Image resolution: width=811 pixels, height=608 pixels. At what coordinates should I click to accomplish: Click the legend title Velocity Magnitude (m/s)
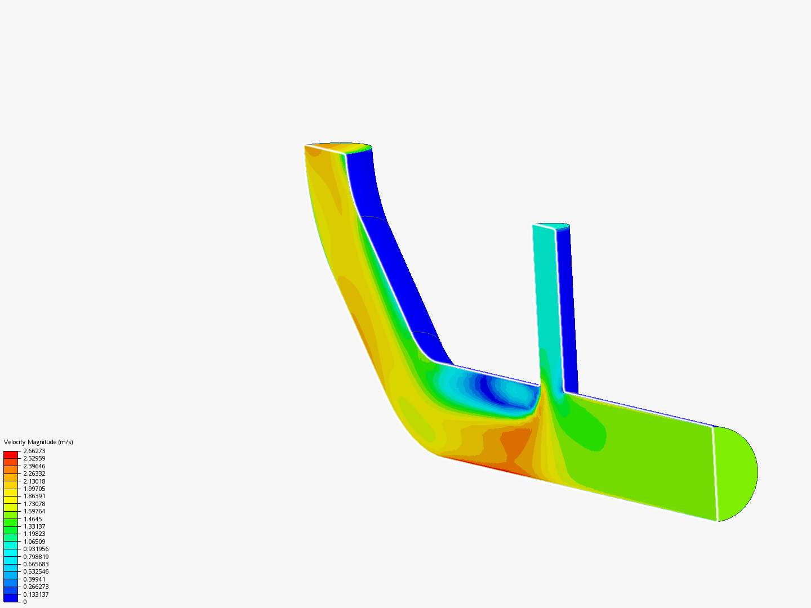38,442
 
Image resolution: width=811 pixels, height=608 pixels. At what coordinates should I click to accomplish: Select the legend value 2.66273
34,451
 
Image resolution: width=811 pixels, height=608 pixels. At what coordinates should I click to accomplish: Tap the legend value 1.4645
32,519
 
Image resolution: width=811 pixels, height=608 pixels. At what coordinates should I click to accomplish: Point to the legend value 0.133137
35,594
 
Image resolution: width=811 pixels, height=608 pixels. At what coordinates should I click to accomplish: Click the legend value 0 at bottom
25,602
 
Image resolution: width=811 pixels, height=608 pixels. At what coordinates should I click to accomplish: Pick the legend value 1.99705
34,489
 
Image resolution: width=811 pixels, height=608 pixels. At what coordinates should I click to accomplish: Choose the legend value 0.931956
35,549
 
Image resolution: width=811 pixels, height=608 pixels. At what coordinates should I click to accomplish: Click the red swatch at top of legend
11,454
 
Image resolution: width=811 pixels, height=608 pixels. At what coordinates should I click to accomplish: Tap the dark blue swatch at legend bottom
11,598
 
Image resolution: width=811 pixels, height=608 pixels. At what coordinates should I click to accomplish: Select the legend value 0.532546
35,571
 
